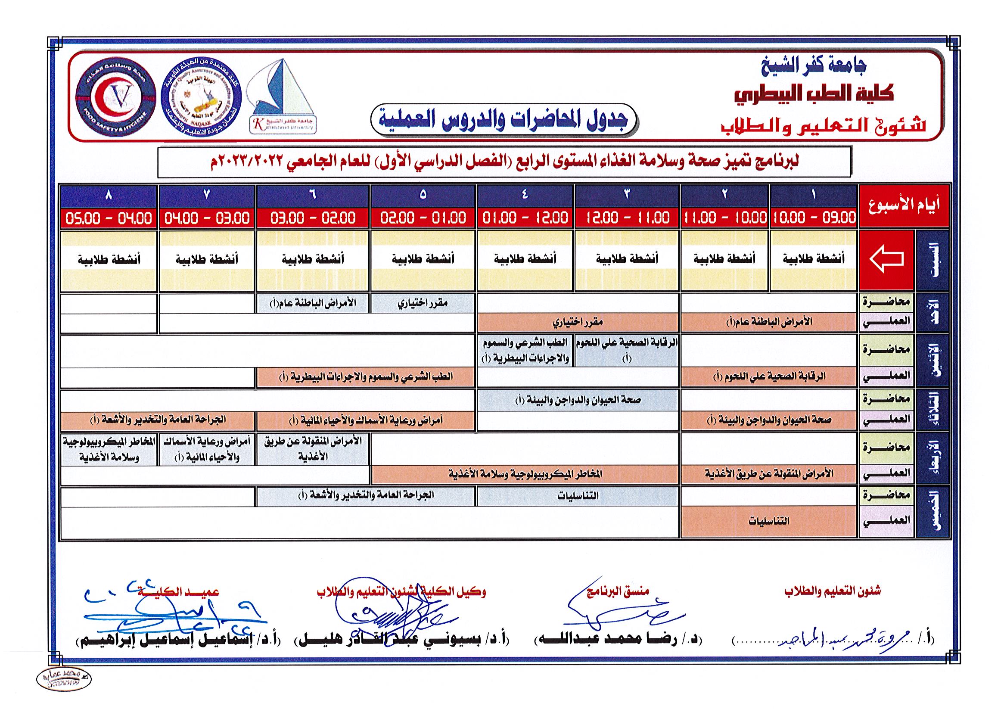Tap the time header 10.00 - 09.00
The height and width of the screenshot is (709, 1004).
814,218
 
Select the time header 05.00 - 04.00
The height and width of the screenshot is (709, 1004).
109,218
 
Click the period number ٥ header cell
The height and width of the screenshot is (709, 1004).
423,195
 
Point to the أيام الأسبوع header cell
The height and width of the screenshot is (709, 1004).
905,206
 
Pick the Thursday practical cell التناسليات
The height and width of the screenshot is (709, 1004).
768,521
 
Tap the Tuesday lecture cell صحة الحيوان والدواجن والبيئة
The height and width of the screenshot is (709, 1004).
578,400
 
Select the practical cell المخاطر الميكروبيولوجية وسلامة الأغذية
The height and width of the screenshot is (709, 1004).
525,473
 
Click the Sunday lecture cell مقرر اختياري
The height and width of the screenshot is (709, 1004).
423,303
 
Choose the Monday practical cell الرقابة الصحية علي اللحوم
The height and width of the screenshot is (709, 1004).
768,376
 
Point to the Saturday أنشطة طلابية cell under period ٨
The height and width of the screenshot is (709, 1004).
109,260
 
